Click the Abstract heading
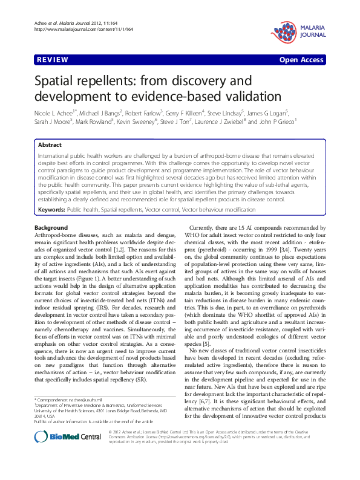50,146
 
